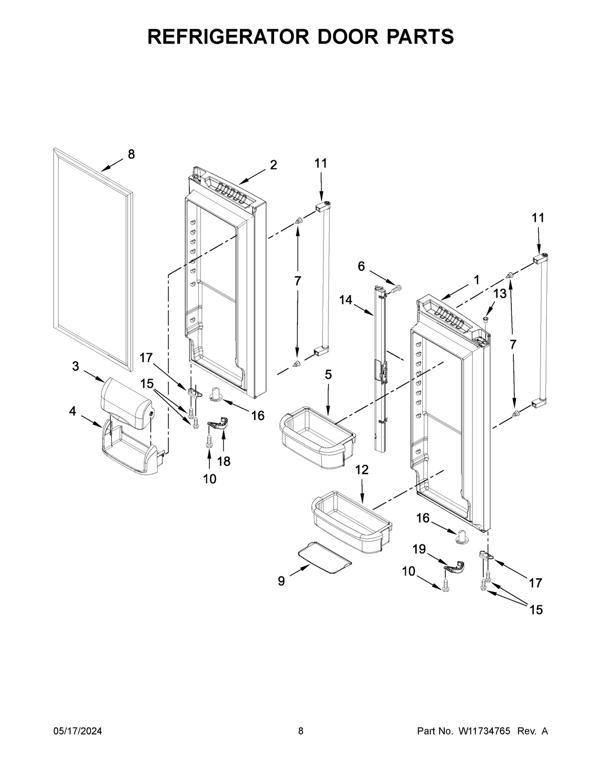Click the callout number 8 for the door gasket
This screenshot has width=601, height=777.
[x=131, y=155]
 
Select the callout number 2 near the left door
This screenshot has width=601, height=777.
[x=273, y=165]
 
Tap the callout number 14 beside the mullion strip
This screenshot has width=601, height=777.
[x=346, y=300]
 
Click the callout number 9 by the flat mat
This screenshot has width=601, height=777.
[x=281, y=581]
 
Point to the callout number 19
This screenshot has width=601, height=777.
[x=419, y=549]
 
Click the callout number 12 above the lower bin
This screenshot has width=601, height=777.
[x=362, y=470]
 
